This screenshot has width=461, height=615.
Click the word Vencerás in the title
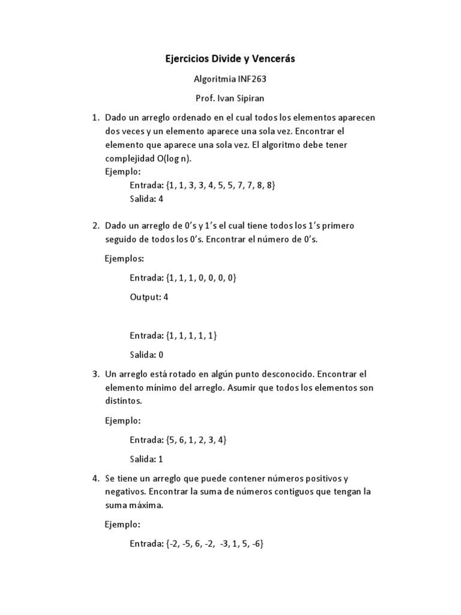click(273, 59)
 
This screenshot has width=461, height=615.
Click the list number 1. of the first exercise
click(95, 117)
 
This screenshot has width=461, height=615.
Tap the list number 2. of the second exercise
click(95, 226)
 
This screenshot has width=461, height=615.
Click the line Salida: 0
click(146, 354)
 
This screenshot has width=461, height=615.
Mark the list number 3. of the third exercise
click(95, 374)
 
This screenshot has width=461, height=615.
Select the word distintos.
click(124, 400)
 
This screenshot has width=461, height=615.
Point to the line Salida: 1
click(146, 459)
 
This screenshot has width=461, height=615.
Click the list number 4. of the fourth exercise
click(95, 479)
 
